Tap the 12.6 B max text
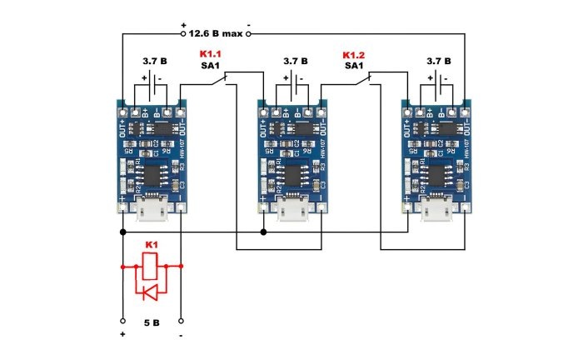(216, 34)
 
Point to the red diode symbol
(151, 292)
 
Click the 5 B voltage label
(152, 321)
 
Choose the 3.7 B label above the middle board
(295, 61)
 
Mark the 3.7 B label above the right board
(438, 61)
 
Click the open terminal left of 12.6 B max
(182, 34)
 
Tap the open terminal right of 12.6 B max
(248, 34)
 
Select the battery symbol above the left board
(152, 83)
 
